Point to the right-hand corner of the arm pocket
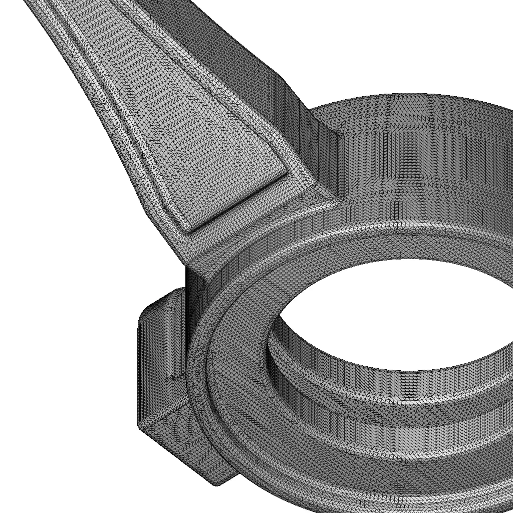tap(286, 173)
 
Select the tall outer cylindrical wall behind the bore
tap(426, 165)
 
